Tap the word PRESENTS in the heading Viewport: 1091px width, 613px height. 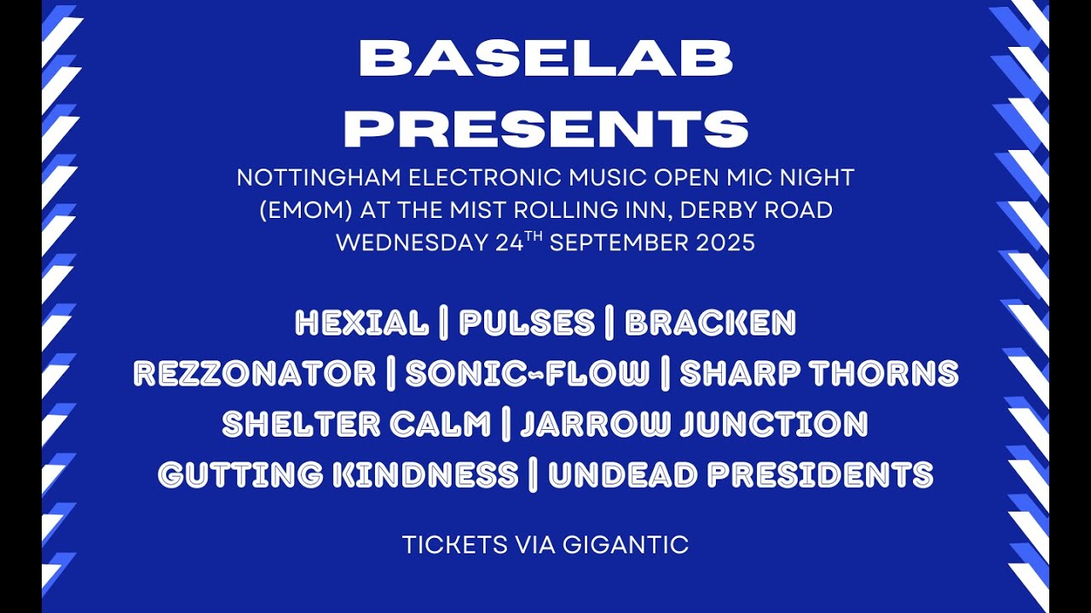551,128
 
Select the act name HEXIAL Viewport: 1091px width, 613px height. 361,324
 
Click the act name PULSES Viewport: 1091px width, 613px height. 527,324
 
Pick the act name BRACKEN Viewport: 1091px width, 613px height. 710,324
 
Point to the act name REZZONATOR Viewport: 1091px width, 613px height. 254,374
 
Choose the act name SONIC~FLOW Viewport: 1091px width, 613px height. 527,374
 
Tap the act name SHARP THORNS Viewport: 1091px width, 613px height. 819,374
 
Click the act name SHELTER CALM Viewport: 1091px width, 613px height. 356,424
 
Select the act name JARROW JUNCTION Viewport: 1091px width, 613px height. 694,424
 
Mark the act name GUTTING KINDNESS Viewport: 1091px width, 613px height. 338,475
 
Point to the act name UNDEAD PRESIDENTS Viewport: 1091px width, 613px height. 741,475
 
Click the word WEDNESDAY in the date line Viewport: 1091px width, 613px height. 413,243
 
